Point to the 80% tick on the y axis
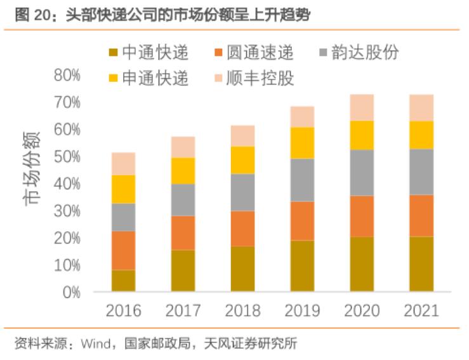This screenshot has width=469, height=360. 67,76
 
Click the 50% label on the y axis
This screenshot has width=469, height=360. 67,157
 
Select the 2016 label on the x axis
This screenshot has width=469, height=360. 123,311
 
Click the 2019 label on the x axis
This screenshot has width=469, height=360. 302,311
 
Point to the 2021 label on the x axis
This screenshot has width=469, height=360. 421,311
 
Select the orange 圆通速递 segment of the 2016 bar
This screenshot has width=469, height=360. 123,250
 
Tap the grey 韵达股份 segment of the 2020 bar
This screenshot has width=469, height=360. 362,173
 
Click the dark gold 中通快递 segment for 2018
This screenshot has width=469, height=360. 242,269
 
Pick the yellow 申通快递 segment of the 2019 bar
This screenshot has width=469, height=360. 302,143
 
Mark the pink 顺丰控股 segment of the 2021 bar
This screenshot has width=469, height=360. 421,107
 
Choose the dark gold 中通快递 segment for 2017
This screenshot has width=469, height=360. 183,270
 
